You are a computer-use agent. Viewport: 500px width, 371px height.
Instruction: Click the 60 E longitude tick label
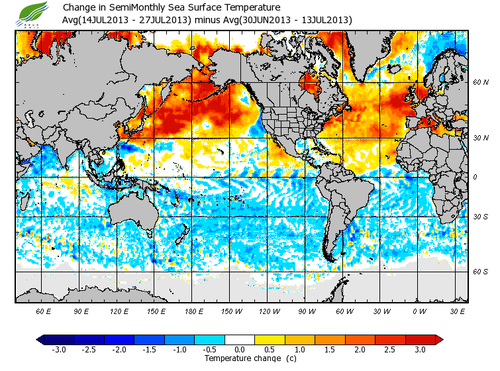coord(44,311)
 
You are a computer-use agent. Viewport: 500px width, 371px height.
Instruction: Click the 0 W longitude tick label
coord(419,311)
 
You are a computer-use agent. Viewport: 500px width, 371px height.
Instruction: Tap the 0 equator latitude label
coord(474,177)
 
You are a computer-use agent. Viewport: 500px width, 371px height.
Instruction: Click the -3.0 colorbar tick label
coord(59,349)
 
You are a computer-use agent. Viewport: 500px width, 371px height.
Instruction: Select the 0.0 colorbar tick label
coord(240,349)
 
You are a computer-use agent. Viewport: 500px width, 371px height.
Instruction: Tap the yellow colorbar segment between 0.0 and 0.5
coord(255,339)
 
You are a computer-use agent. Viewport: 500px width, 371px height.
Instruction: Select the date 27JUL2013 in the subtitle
coord(164,20)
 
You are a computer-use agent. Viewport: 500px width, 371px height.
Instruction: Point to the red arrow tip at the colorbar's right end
coord(439,339)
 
